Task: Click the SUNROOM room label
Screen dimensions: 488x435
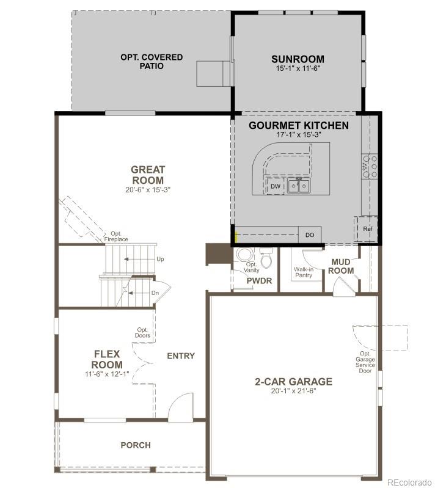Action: click(x=298, y=59)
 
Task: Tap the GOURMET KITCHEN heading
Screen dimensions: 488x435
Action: click(x=299, y=126)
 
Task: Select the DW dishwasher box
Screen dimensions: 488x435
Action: click(x=276, y=186)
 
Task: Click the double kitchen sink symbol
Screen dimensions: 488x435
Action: click(x=299, y=186)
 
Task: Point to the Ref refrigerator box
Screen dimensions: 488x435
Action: click(x=367, y=228)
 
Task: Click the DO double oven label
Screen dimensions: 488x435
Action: click(x=310, y=235)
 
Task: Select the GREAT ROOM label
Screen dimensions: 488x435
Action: click(x=147, y=175)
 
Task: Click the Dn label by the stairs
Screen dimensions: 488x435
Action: click(x=155, y=293)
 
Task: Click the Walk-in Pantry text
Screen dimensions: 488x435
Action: click(x=303, y=272)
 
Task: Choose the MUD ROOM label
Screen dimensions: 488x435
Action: click(x=342, y=266)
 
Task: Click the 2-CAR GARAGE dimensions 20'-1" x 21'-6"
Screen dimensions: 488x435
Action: click(x=294, y=391)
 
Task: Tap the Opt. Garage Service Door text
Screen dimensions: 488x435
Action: click(x=365, y=362)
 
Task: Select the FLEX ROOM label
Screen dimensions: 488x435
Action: click(x=108, y=359)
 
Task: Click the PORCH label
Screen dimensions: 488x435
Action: click(x=135, y=445)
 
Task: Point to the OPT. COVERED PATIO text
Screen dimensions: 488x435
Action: click(x=151, y=61)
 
